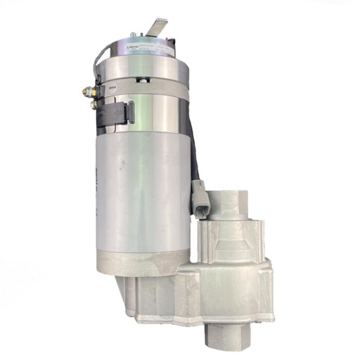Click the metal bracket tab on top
(x=156, y=27)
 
